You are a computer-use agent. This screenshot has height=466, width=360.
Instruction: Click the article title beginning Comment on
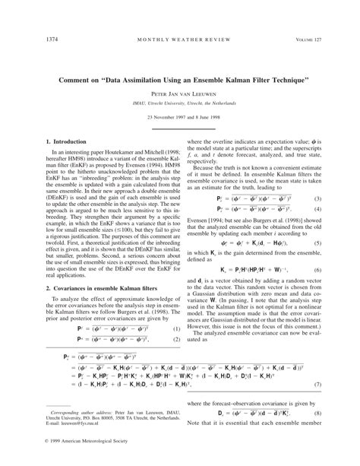[180, 79]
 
